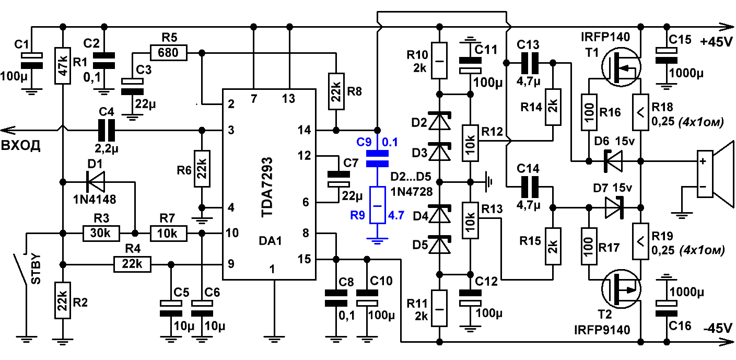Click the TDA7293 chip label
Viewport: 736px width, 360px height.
(267, 188)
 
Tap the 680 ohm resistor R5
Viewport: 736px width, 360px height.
(169, 53)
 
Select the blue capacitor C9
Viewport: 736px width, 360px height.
(377, 158)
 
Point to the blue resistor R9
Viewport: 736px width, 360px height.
(377, 205)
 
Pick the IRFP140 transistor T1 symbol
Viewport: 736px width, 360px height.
(621, 67)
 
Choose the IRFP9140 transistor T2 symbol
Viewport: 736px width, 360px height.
(621, 289)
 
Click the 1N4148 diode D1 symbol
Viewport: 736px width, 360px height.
(95, 182)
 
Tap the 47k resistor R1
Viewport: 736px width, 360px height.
(63, 65)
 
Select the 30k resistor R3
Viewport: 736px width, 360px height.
(101, 234)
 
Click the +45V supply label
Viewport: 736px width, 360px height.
(716, 42)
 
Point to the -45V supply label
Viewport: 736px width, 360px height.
(718, 328)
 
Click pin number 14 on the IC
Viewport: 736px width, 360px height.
(304, 130)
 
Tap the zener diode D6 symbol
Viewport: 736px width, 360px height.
(613, 161)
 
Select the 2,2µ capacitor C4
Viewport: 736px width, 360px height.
(107, 130)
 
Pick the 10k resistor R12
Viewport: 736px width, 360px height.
(470, 143)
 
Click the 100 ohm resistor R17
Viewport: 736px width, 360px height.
(589, 246)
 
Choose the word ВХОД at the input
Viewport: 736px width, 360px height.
(20, 145)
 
